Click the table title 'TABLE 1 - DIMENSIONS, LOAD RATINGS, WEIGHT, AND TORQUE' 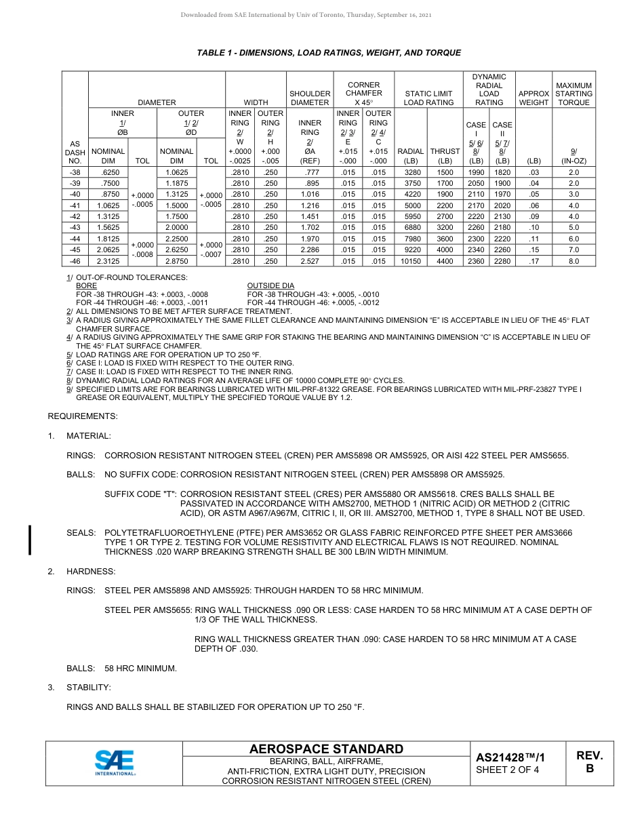[329, 53]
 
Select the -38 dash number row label [75, 173]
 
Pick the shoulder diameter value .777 [310, 173]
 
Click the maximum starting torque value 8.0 [573, 261]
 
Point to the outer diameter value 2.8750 [176, 261]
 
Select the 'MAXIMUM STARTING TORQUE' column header [573, 94]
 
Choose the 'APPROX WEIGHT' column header [534, 98]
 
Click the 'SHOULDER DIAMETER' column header [310, 98]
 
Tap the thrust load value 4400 [445, 261]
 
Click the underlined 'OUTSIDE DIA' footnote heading [270, 286]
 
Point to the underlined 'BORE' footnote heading [86, 286]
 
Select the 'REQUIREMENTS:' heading [83, 416]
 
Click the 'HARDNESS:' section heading [91, 572]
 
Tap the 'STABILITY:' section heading [89, 688]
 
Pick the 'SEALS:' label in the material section [81, 534]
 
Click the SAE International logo [114, 763]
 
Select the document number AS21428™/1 [510, 757]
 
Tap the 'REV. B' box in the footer [589, 762]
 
